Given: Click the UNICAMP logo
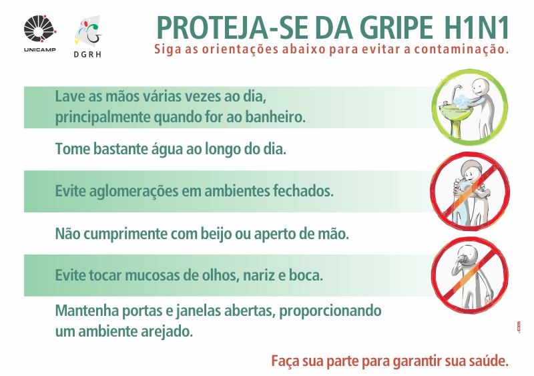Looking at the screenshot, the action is pos(40,34).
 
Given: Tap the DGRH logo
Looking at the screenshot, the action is pos(88,36).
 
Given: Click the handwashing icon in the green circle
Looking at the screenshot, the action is pos(470,107).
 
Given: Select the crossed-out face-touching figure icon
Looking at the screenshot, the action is pos(470,274).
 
